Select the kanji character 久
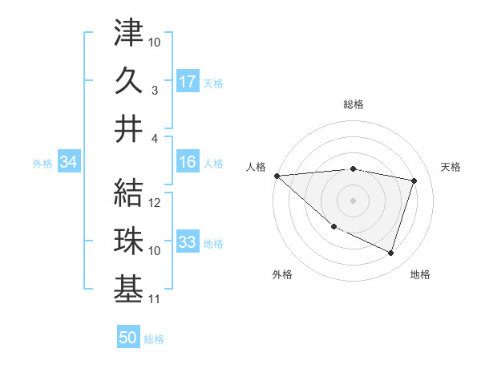(128, 80)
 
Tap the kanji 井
(128, 128)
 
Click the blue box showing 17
(188, 81)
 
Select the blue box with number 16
(188, 162)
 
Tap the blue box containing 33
(188, 242)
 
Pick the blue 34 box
(68, 162)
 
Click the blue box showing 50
(127, 338)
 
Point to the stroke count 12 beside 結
(156, 203)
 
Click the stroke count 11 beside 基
(155, 300)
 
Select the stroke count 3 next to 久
(156, 91)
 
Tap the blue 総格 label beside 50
(154, 339)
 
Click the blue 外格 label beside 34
(42, 164)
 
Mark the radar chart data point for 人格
(277, 175)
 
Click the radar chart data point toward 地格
(390, 253)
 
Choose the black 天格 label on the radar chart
(451, 167)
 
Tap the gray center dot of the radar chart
(353, 200)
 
